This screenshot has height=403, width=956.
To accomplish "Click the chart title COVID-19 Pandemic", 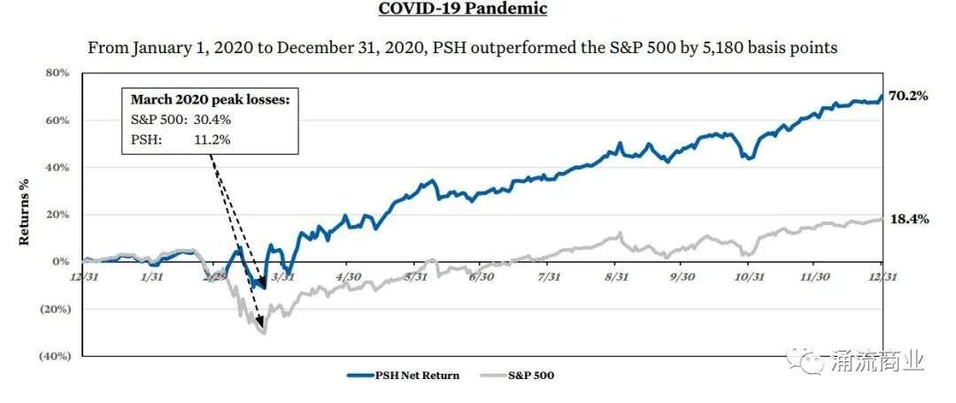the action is [463, 9].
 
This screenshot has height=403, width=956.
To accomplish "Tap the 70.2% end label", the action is [908, 96].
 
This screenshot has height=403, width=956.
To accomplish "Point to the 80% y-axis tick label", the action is [58, 74].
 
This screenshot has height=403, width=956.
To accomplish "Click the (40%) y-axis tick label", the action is [55, 356].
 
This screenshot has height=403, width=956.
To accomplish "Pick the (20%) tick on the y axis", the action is [55, 309].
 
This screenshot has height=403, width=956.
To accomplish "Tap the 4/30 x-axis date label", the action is [350, 276].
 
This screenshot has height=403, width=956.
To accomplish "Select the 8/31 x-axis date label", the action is [617, 276].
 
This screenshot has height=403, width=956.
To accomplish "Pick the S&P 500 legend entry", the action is [517, 375].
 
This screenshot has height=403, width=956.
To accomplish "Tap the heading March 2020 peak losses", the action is [210, 99].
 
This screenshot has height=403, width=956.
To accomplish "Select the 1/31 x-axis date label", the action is [152, 276].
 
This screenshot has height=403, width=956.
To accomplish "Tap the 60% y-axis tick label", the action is [58, 120].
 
